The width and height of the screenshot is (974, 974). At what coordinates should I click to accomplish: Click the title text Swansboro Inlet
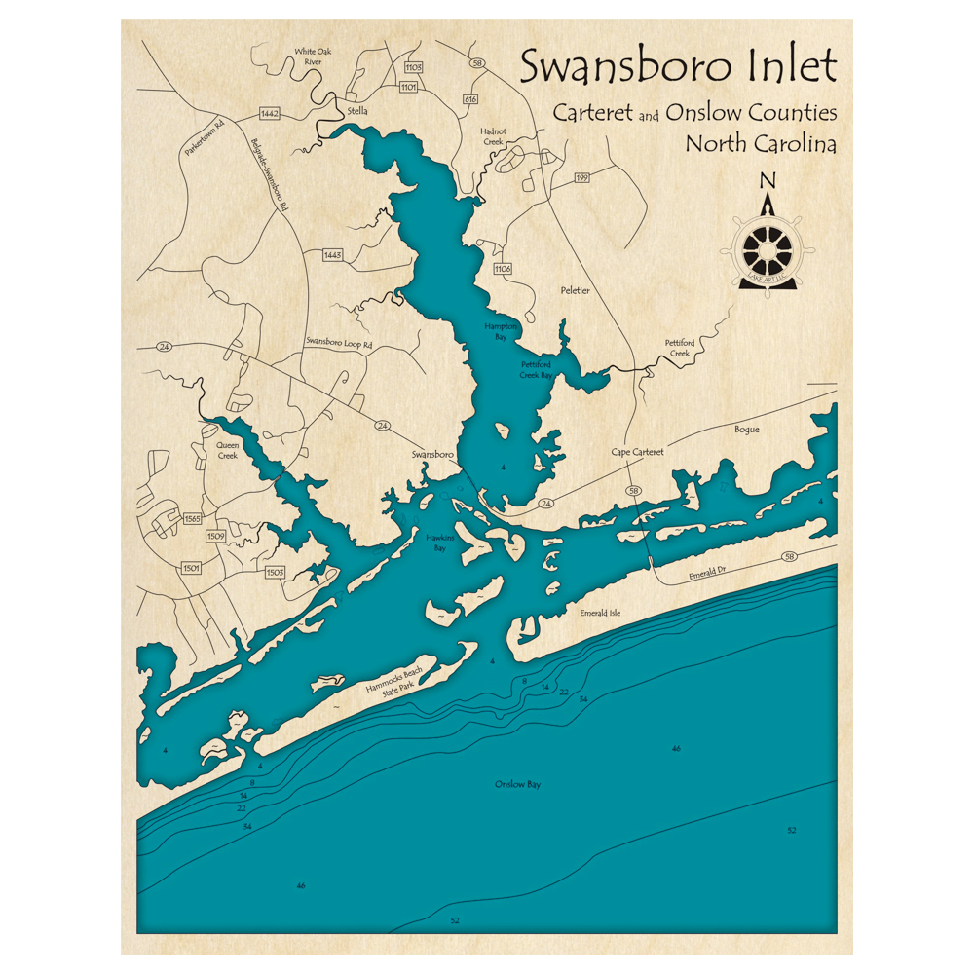click(678, 67)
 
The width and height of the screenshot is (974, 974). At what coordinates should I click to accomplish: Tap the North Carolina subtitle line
click(761, 143)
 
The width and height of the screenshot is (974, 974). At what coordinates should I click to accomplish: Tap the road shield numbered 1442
click(270, 114)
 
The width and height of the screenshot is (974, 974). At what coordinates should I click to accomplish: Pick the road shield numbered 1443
click(332, 254)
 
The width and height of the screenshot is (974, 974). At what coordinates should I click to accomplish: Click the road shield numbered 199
click(582, 177)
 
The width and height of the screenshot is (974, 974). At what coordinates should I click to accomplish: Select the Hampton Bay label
click(501, 330)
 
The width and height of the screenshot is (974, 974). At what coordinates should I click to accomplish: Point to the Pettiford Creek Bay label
click(536, 369)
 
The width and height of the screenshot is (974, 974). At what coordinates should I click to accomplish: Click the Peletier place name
click(576, 290)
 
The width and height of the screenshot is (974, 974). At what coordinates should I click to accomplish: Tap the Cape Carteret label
click(638, 453)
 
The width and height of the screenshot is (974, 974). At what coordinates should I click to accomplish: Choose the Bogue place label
click(747, 430)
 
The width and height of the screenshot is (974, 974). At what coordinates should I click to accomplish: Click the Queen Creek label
click(227, 449)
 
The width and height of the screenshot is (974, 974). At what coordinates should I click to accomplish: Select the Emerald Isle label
click(600, 613)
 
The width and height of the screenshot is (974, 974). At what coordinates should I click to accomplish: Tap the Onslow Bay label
click(517, 784)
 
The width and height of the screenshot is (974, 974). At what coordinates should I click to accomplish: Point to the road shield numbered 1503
click(275, 572)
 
